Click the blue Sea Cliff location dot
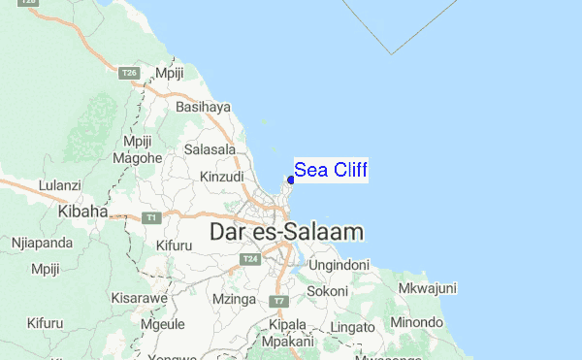point(291,180)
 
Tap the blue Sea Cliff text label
point(331,171)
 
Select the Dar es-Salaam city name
point(287,232)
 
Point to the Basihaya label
point(203,108)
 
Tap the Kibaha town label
point(81,210)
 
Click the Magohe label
point(137,157)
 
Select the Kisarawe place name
point(136,298)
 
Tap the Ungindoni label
point(339,264)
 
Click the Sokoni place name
point(327,290)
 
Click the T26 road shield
point(129,73)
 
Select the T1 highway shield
point(150,217)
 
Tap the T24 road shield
point(250,259)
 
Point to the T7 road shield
point(278,302)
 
